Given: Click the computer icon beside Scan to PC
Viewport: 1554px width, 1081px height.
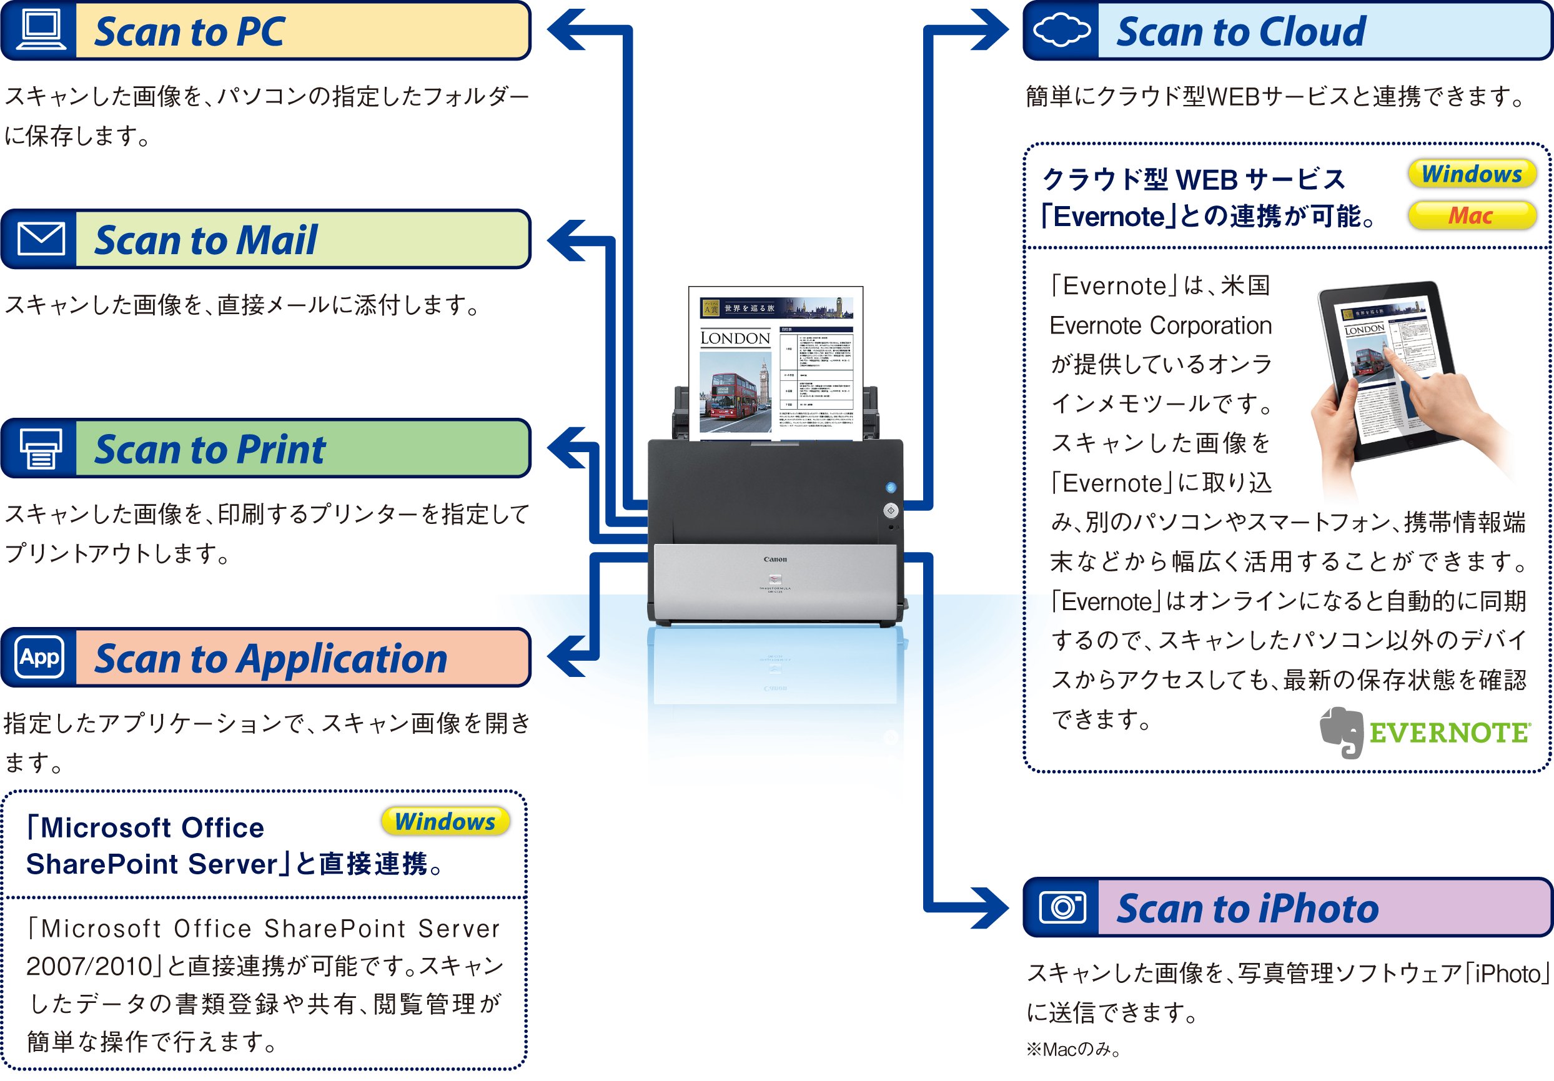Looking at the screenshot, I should coord(41,31).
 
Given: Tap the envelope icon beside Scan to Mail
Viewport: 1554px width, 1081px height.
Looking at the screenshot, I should coord(41,239).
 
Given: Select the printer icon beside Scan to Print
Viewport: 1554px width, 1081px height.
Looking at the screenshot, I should coord(41,448).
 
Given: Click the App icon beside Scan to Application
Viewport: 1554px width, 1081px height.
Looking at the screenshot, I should coord(40,656).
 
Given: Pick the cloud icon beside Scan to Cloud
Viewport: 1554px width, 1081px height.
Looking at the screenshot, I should coord(1061,31).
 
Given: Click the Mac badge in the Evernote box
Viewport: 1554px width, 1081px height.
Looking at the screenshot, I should coord(1472,216).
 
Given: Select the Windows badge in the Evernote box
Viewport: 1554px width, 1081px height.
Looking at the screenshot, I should coord(1472,174).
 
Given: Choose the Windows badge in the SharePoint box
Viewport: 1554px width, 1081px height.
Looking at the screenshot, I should coord(445,821).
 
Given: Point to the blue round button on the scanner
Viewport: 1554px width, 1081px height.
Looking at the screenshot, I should coord(891,487).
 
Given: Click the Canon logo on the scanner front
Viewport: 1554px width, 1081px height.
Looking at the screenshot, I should coord(775,559).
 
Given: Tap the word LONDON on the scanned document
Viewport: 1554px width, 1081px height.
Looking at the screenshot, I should coord(735,338).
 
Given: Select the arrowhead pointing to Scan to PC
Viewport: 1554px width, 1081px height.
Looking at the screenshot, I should coord(567,30).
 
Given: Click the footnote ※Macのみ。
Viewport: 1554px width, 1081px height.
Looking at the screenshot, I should coord(1074,1049).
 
